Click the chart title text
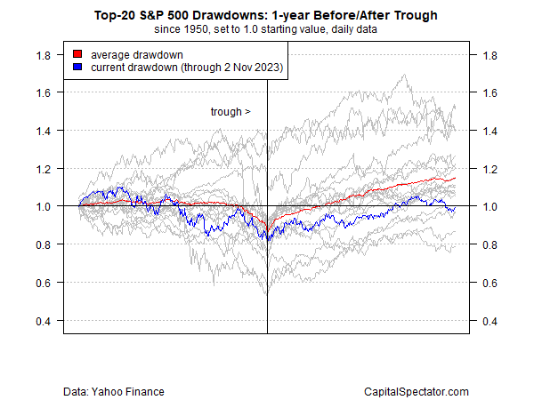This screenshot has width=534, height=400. pos(267,15)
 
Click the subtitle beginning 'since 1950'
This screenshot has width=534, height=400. pos(267,29)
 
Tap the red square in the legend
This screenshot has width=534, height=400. pos(77,54)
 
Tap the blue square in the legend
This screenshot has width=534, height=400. pos(77,68)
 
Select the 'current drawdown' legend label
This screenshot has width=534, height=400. pos(184,68)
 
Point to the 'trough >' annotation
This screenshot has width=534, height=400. pos(231,112)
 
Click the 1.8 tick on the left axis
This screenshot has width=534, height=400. pos(41,54)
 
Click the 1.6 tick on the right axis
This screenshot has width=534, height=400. pos(489,92)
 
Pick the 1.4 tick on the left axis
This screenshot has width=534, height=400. pos(41,131)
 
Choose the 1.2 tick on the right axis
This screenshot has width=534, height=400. pos(489,168)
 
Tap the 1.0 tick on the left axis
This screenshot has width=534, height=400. pos(41,206)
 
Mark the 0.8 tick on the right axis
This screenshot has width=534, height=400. pos(489,244)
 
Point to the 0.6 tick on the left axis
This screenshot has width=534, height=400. pos(41,283)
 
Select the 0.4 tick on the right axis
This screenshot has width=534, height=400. pos(489,321)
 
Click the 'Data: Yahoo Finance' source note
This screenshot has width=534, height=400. pos(114,391)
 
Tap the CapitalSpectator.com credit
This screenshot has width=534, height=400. pos(417,391)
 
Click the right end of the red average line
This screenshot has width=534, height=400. pos(455,179)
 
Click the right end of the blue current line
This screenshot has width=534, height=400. pos(455,208)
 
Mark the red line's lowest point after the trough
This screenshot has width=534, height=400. pos(270,225)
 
